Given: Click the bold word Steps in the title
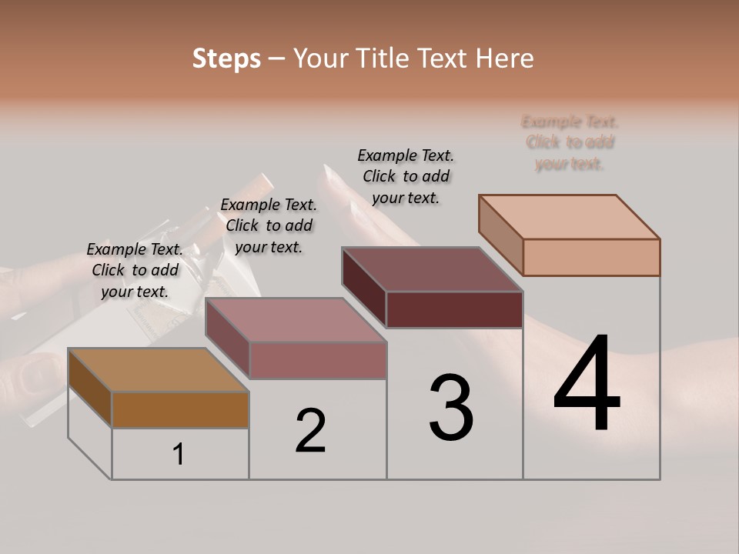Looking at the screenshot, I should click(226, 58).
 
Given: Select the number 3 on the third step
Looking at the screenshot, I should click(451, 408).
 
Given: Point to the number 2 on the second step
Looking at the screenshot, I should click(311, 431).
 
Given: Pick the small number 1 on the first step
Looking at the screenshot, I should click(179, 454).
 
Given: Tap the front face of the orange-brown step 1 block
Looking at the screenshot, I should click(180, 409).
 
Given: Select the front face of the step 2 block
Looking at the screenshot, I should click(318, 360).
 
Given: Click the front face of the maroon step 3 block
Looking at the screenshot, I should click(454, 309).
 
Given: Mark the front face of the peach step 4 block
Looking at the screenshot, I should click(591, 257).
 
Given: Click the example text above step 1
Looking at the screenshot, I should click(135, 270).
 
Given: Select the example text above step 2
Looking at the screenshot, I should click(269, 225).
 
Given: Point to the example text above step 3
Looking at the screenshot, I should click(406, 176).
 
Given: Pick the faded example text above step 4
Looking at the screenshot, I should click(570, 142).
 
